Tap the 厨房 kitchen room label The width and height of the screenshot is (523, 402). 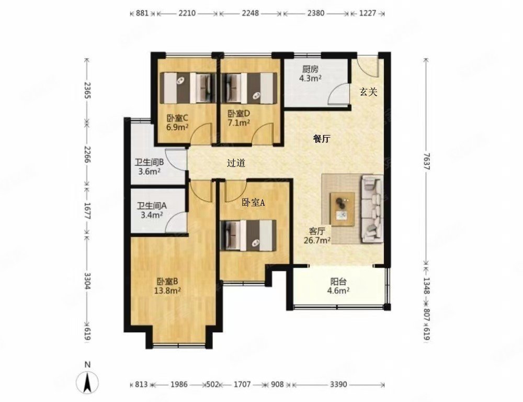(310, 69)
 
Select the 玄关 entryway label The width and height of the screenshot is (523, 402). (368, 92)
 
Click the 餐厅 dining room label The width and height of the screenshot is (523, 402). (322, 139)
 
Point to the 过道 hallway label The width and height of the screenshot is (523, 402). (236, 163)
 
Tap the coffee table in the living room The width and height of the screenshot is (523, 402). (342, 209)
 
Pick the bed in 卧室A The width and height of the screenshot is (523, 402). (248, 235)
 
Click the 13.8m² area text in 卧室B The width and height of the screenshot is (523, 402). (167, 291)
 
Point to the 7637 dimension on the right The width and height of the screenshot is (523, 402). (426, 161)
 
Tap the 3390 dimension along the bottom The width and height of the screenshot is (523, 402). (338, 385)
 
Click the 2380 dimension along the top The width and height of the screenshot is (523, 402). (315, 14)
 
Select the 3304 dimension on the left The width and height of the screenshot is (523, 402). (87, 281)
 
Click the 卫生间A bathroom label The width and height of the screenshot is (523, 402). (152, 206)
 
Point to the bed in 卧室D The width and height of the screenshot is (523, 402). (249, 88)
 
